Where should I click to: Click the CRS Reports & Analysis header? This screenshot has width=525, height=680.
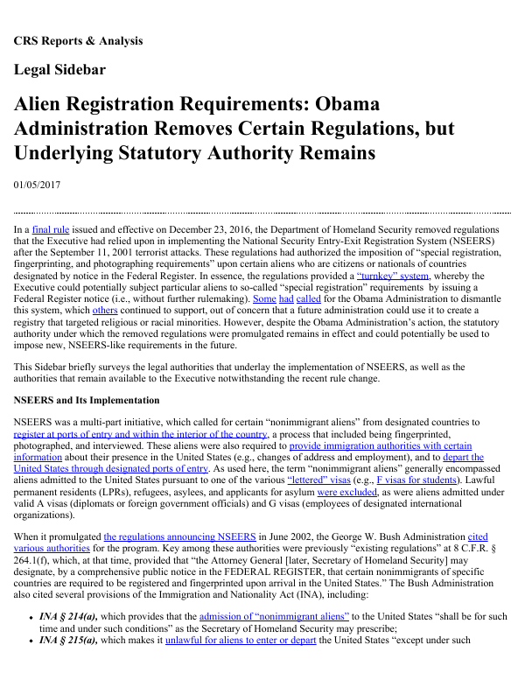(78, 40)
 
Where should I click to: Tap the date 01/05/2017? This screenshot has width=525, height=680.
(37, 185)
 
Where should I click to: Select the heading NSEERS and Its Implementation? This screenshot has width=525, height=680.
(84, 399)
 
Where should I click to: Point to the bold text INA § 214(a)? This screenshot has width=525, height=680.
(73, 616)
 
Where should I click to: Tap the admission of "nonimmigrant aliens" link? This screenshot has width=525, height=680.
(274, 616)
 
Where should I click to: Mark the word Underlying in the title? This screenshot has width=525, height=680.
(71, 153)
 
